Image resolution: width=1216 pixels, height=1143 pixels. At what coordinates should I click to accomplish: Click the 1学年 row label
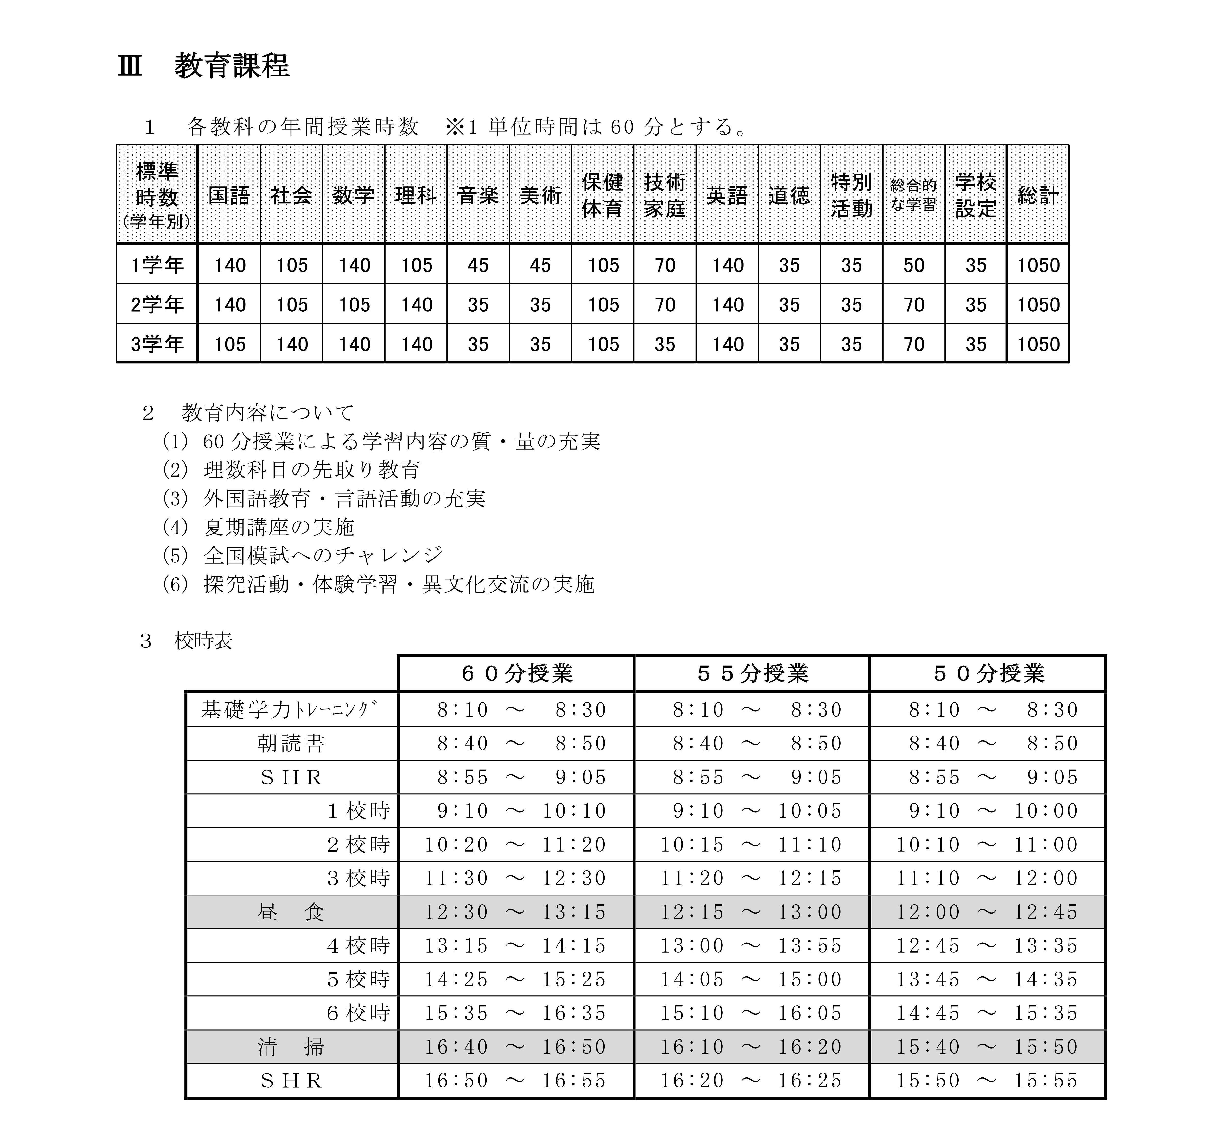point(157,265)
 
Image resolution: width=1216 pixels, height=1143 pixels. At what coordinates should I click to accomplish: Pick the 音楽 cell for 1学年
point(478,265)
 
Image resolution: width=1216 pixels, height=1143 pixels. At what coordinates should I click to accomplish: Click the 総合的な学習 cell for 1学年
point(914,265)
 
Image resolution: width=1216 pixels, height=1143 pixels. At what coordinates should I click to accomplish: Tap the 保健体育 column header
point(603,195)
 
